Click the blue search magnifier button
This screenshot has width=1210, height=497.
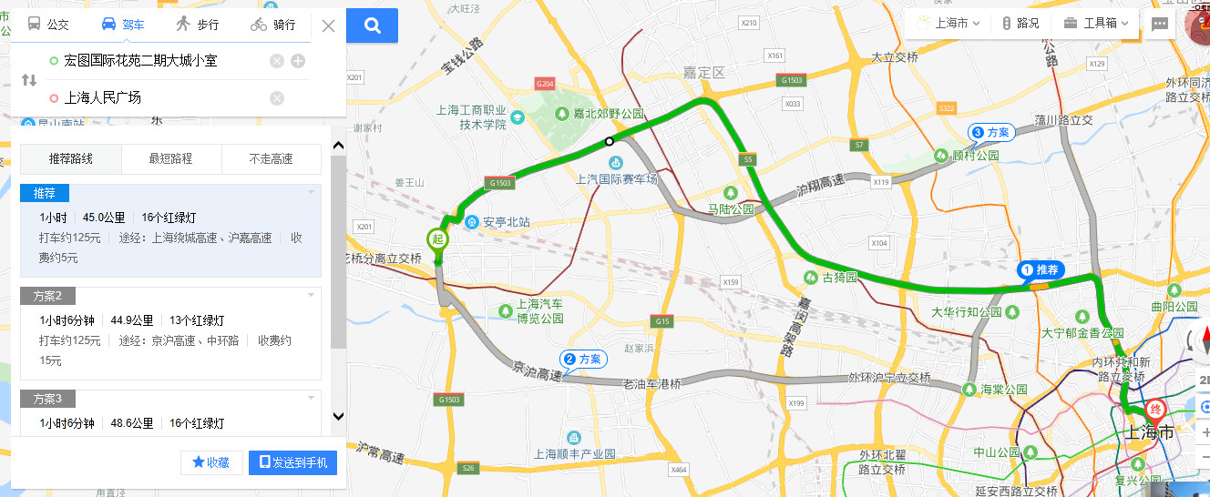point(372,25)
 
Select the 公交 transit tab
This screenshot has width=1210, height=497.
point(48,25)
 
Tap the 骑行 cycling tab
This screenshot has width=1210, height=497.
point(272,25)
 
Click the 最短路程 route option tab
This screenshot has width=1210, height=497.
point(170,158)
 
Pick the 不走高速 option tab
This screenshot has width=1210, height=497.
point(271,158)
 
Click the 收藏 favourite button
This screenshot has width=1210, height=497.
point(210,462)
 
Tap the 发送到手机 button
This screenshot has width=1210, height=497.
point(292,462)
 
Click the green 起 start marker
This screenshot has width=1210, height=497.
point(437,239)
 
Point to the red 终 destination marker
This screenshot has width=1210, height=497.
point(1156,410)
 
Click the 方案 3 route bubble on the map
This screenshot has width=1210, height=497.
point(990,133)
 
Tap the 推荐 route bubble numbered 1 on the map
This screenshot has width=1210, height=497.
point(1041,270)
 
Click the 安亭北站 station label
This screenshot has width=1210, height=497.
point(502,222)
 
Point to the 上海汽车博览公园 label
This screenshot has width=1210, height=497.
point(539,310)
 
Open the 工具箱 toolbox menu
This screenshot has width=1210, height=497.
point(1096,24)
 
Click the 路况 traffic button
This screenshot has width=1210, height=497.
point(1020,24)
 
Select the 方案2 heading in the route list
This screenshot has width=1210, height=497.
point(47,296)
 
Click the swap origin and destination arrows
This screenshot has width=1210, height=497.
point(29,79)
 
